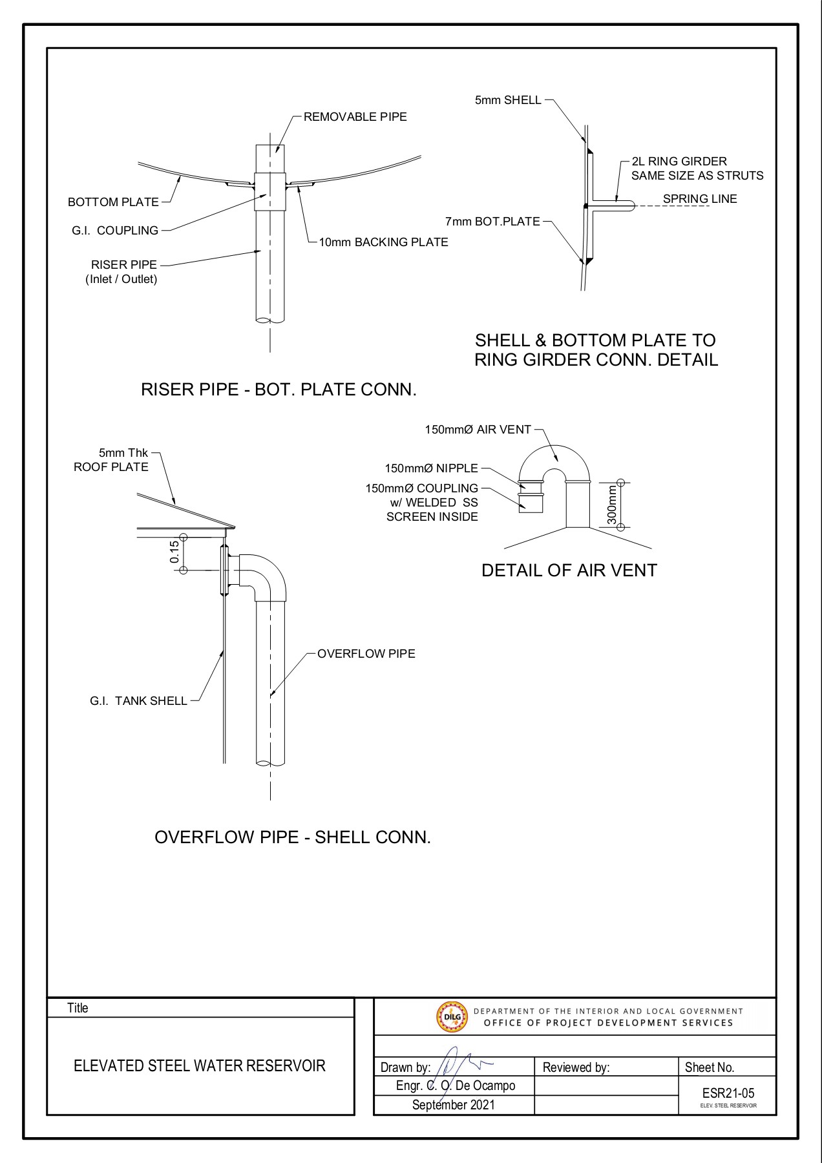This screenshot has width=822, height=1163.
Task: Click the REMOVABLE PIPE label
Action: (355, 117)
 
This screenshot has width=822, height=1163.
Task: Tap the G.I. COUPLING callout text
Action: (115, 230)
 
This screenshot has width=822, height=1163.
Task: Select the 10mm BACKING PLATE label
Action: (383, 242)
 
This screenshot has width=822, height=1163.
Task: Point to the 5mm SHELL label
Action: (508, 100)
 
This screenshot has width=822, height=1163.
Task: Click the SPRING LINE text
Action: (699, 199)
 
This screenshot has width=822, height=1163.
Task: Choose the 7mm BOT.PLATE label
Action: (492, 222)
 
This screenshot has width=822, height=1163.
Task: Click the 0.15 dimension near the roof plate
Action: (174, 552)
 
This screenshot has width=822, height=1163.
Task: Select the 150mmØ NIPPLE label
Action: (431, 468)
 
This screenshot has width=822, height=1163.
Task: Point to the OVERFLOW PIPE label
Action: (366, 654)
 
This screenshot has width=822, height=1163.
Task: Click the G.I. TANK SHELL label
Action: (138, 701)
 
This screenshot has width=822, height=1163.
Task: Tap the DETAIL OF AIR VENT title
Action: (569, 571)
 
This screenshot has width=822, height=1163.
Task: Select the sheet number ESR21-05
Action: (728, 1093)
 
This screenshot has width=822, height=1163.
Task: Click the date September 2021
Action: (453, 1105)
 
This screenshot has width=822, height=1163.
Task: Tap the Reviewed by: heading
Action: (576, 1067)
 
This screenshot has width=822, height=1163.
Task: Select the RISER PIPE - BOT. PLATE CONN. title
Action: (279, 390)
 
